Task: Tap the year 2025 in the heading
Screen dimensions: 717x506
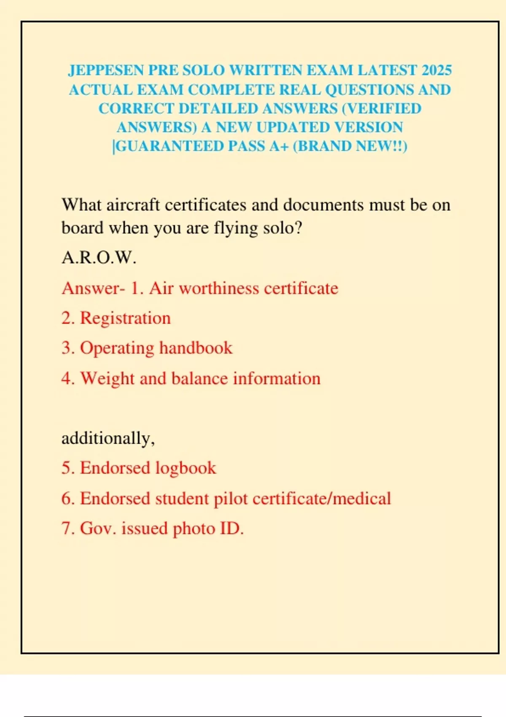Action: (x=436, y=70)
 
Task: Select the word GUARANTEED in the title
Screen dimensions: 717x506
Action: (x=170, y=146)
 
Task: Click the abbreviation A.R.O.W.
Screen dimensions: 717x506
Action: (x=99, y=257)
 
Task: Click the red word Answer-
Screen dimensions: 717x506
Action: (x=93, y=288)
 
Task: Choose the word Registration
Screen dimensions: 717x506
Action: (x=125, y=318)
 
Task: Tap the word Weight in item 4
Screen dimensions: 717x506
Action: (x=107, y=378)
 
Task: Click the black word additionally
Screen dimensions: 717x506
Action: (x=108, y=438)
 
